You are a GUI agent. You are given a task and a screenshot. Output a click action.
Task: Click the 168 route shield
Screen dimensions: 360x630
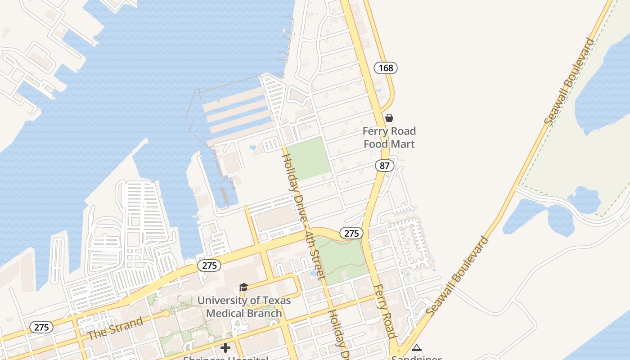point(386,68)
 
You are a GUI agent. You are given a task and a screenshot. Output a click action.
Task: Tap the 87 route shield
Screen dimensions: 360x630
point(384,166)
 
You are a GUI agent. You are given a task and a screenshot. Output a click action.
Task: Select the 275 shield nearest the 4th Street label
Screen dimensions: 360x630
point(351,233)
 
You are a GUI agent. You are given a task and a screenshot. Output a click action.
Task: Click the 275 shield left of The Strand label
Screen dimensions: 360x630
point(41,327)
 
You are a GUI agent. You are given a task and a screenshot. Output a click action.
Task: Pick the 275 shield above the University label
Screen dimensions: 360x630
point(209,265)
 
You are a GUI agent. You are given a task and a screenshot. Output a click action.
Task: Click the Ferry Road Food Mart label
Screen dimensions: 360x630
point(389,138)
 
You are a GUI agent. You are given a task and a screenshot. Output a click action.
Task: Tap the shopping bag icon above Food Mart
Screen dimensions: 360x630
point(389,118)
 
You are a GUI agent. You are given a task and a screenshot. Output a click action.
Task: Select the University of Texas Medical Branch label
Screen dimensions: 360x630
point(244,306)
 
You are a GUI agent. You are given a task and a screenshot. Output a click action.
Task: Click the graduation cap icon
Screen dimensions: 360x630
point(243,287)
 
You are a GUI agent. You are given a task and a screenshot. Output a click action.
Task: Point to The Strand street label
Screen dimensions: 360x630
point(115,328)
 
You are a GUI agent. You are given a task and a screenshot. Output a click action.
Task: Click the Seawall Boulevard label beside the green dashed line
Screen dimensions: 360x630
point(569,82)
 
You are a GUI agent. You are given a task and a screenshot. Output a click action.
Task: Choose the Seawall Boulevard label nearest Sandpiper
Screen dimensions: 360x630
point(457,276)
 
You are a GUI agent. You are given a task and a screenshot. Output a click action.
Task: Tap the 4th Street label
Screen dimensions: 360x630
point(315,256)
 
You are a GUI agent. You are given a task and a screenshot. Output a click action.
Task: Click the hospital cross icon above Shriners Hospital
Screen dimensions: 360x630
point(225,348)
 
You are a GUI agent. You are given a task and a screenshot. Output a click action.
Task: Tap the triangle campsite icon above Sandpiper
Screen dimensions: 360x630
point(417,347)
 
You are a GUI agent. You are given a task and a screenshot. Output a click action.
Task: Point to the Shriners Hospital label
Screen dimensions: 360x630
point(225,358)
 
